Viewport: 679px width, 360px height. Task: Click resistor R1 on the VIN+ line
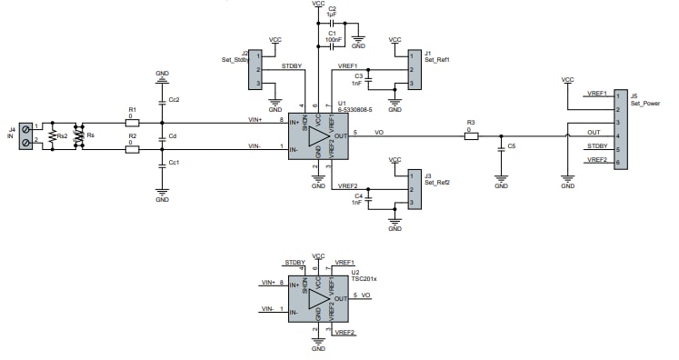tap(133, 121)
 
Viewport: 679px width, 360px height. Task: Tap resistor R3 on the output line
tap(470, 135)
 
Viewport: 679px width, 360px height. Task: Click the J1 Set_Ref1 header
tap(413, 70)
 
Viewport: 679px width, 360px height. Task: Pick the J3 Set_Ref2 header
tap(413, 189)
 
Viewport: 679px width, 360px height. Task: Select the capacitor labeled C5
tap(501, 145)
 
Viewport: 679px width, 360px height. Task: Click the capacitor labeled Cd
tap(162, 138)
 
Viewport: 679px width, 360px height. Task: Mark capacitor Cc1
tap(162, 163)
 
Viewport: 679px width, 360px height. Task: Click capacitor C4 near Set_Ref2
tap(370, 197)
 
